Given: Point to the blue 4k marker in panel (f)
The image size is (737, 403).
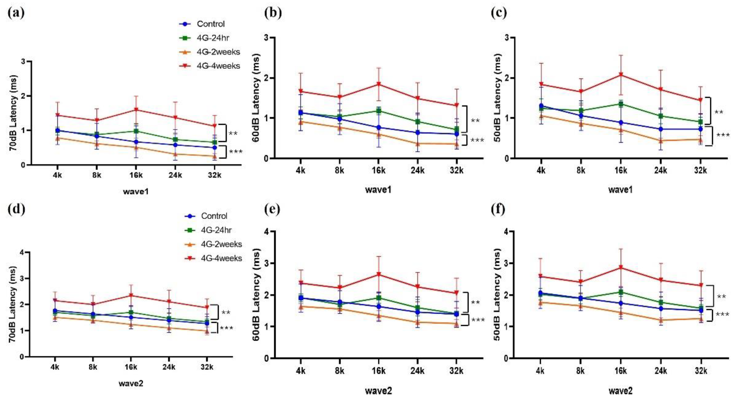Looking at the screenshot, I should (x=540, y=293).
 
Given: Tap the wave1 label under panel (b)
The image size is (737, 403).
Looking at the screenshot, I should (x=378, y=189).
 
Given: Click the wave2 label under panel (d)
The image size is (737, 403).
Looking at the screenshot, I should (x=131, y=383).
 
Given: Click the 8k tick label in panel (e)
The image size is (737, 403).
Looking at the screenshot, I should (x=340, y=371).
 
